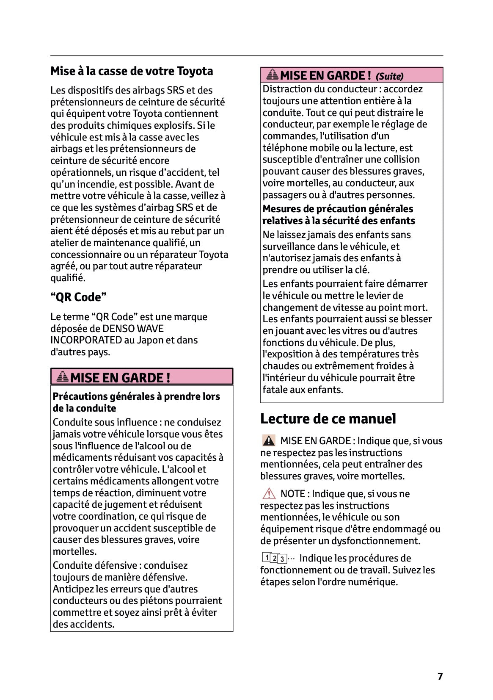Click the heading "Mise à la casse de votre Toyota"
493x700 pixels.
[x=132, y=71]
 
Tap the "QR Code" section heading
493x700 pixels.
[x=78, y=297]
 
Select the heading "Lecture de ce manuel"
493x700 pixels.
[x=328, y=419]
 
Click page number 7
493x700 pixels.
[x=440, y=676]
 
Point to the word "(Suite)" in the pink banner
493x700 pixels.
[x=389, y=77]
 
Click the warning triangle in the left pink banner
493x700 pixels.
[x=63, y=376]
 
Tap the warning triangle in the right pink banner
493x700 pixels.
[x=273, y=75]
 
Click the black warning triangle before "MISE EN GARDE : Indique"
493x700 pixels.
[x=269, y=441]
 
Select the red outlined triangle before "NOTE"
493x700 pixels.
[x=269, y=494]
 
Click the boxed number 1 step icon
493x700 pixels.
[x=266, y=557]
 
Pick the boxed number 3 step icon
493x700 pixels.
[x=282, y=559]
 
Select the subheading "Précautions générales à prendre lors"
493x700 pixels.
[x=136, y=397]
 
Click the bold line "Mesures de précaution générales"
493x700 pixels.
[x=338, y=209]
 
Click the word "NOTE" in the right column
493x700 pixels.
[x=293, y=494]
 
